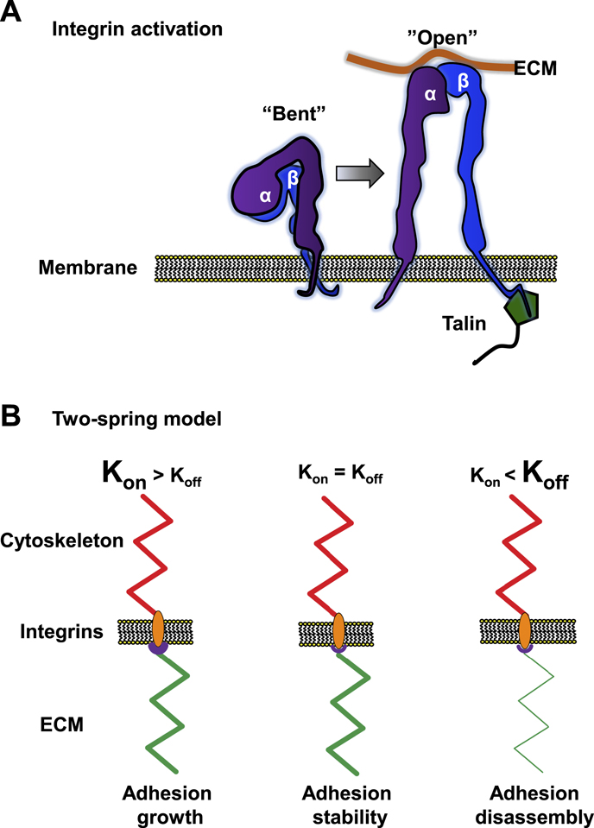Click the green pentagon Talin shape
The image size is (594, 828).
click(523, 308)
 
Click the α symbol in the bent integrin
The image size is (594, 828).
click(266, 196)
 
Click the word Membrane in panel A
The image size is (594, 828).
click(87, 267)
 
